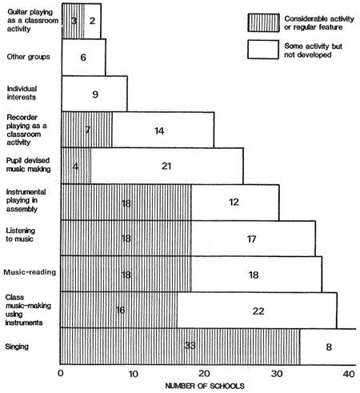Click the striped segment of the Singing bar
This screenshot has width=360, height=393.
pyautogui.click(x=180, y=347)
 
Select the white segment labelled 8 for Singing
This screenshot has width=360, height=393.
pyautogui.click(x=328, y=347)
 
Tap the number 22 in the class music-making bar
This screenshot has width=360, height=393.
pyautogui.click(x=258, y=311)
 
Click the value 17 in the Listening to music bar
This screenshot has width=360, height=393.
pyautogui.click(x=251, y=239)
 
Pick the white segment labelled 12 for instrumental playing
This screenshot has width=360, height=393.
pyautogui.click(x=235, y=203)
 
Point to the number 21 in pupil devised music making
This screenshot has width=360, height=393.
pyautogui.click(x=166, y=166)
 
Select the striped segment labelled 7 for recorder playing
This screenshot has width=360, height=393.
pyautogui.click(x=86, y=130)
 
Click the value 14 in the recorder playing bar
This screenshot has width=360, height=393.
pyautogui.click(x=159, y=130)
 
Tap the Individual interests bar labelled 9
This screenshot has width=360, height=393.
pyautogui.click(x=94, y=94)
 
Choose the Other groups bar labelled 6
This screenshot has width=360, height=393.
pyautogui.click(x=83, y=57)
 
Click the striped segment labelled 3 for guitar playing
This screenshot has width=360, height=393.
pyautogui.click(x=73, y=21)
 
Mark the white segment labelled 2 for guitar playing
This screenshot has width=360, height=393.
pyautogui.click(x=92, y=21)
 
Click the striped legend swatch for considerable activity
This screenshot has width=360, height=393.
pyautogui.click(x=263, y=23)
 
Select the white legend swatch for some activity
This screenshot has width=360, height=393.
pyautogui.click(x=263, y=50)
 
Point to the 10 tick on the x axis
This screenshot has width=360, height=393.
pyautogui.click(x=133, y=374)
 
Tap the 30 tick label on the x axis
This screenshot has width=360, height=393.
pyautogui.click(x=277, y=374)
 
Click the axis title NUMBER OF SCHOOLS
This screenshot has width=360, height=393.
pyautogui.click(x=205, y=386)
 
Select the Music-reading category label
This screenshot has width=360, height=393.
pyautogui.click(x=30, y=272)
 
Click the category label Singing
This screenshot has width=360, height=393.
pyautogui.click(x=17, y=347)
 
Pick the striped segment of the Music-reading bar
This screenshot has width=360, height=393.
pyautogui.click(x=126, y=274)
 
